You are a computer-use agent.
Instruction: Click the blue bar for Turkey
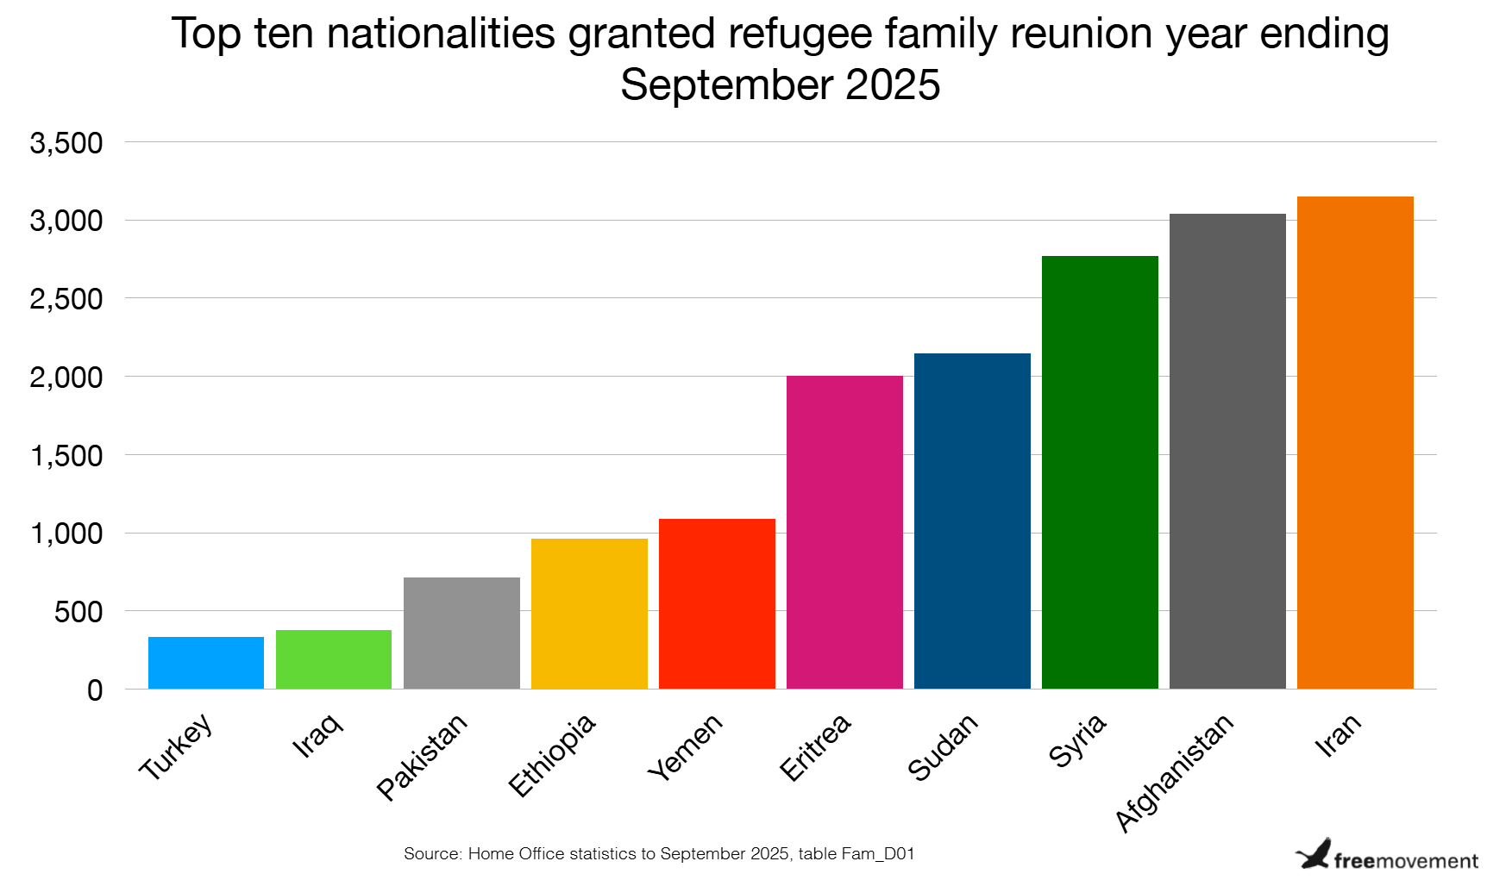(206, 663)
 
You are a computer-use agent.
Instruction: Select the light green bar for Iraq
(334, 659)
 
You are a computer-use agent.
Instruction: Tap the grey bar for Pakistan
(461, 633)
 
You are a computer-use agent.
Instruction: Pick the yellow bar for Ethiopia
(589, 614)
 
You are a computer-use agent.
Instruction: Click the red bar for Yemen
(717, 603)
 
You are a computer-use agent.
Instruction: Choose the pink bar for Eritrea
(844, 532)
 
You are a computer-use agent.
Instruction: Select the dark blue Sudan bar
(972, 521)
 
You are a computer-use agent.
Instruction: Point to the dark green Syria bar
(1100, 472)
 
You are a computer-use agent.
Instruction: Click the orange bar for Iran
(1355, 442)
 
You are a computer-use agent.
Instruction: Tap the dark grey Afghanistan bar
(1227, 451)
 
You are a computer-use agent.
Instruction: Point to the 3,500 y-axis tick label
(66, 143)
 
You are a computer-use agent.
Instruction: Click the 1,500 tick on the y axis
(66, 456)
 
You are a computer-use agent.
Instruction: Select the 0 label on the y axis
(95, 690)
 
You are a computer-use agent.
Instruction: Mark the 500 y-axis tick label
(78, 613)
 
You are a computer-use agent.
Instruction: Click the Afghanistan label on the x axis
(1174, 773)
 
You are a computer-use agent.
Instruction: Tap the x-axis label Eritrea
(815, 747)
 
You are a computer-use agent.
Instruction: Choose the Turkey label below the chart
(176, 746)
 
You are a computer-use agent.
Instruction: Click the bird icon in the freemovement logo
(1314, 853)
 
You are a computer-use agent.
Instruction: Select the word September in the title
(726, 84)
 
